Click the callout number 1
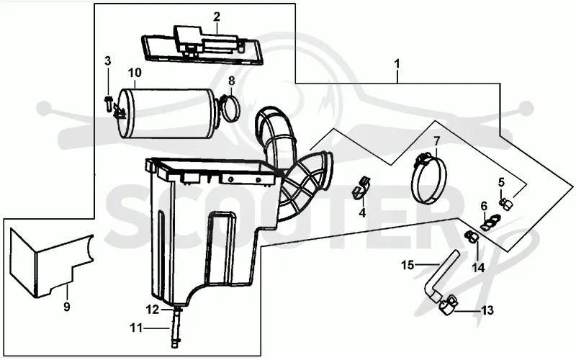pos(397,64)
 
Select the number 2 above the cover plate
pos(217,17)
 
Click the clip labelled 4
pos(361,188)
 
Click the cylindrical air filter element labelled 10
pos(168,113)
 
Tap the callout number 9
pos(66,307)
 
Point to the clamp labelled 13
pos(446,307)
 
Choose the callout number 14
pos(478,267)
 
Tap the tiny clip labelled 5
pos(506,204)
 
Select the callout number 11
pos(136,327)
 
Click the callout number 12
pos(152,310)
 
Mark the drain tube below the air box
pos(176,327)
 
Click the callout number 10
pos(135,73)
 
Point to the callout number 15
pos(408,264)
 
